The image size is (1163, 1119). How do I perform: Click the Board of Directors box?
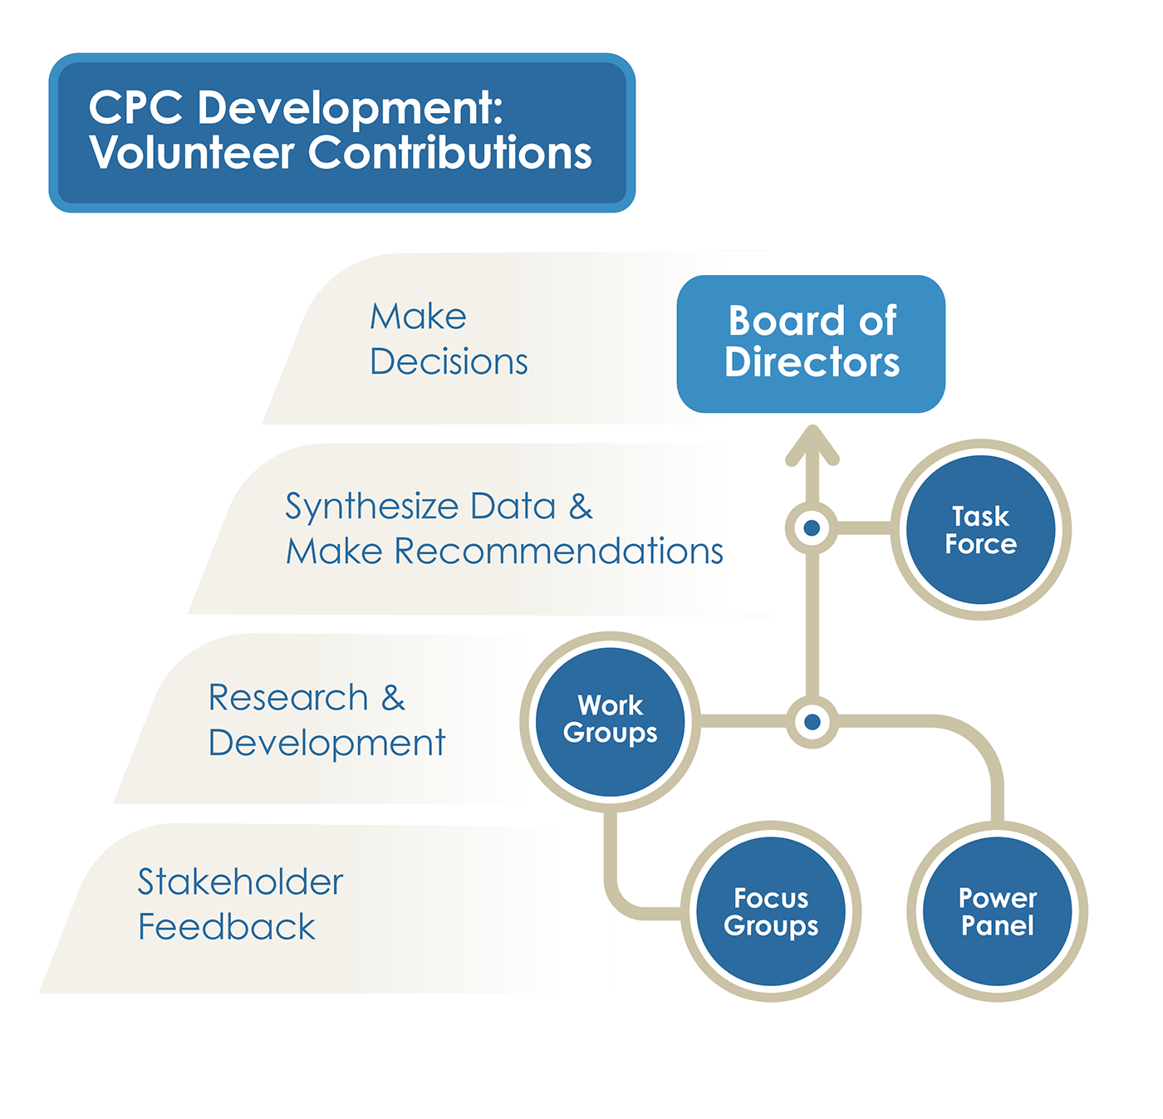click(811, 343)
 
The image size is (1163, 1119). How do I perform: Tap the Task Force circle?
click(980, 529)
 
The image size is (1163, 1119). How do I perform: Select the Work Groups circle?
click(610, 720)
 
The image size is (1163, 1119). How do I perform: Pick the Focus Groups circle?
click(771, 910)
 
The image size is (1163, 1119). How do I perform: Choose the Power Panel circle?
click(997, 910)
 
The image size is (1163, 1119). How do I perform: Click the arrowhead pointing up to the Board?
click(812, 444)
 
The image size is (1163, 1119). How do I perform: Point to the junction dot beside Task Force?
click(812, 528)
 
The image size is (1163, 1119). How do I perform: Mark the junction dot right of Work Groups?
click(812, 722)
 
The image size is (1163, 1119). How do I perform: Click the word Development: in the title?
click(350, 109)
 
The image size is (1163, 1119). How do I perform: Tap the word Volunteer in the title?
click(192, 154)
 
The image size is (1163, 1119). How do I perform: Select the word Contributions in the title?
click(449, 154)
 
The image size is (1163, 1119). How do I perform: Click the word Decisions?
click(449, 362)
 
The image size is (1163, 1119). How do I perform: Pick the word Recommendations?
click(558, 552)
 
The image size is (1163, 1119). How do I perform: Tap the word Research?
click(287, 698)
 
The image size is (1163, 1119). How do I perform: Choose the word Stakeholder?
click(240, 882)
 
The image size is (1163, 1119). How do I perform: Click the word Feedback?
click(226, 927)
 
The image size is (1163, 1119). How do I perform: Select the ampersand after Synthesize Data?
click(581, 507)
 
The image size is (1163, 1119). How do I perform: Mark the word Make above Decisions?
click(418, 317)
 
